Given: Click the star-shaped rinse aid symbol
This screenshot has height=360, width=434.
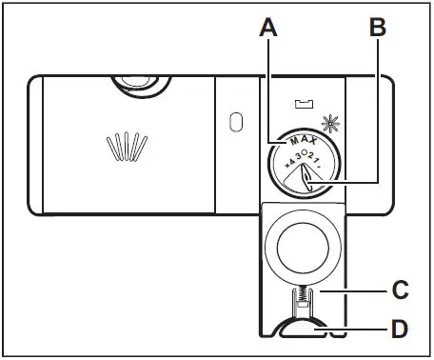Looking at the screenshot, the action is click(x=330, y=123).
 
